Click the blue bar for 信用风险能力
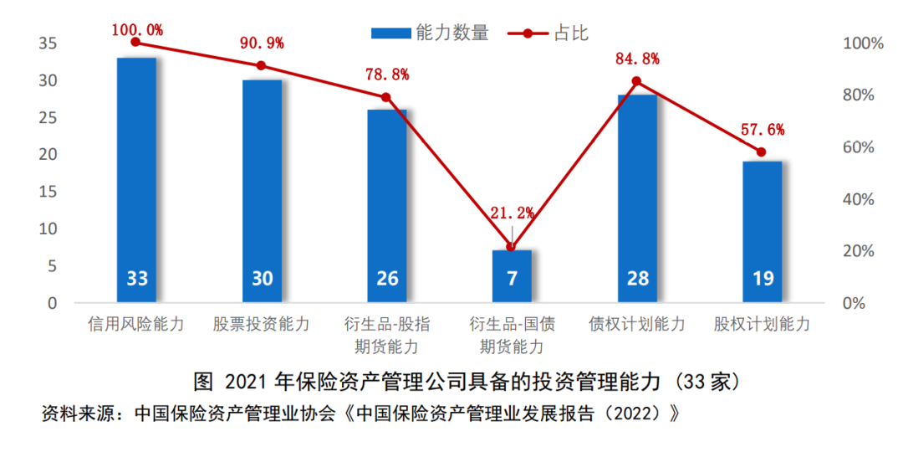click(136, 180)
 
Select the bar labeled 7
click(512, 276)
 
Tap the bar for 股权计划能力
click(763, 232)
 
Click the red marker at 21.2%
click(512, 247)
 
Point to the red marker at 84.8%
click(637, 81)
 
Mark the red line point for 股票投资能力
click(262, 66)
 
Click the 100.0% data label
click(136, 31)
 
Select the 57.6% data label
click(763, 129)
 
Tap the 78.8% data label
click(386, 74)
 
